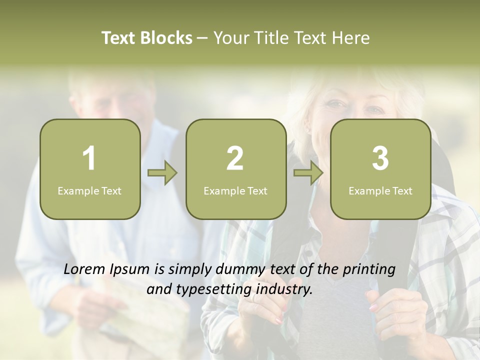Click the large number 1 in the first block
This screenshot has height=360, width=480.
click(89, 158)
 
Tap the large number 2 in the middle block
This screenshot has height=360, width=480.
click(235, 158)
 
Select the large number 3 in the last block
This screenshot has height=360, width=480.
click(380, 158)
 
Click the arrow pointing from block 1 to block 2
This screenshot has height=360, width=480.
click(162, 173)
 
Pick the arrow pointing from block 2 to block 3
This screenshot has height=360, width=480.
click(308, 173)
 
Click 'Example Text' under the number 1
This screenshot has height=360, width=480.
click(89, 190)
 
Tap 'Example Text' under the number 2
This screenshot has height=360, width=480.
click(235, 190)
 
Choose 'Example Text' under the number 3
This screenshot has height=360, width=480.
click(380, 190)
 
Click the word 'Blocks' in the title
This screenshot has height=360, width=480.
click(166, 38)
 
